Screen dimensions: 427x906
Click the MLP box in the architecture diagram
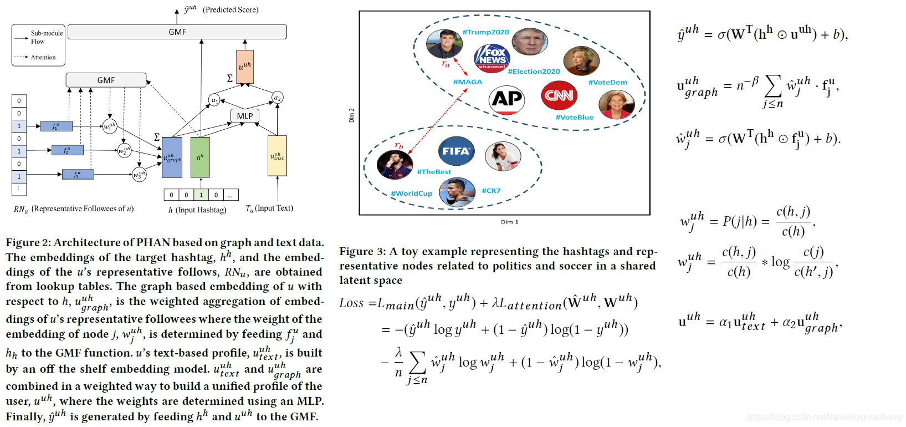coord(244,116)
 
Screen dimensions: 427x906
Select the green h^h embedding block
coord(200,157)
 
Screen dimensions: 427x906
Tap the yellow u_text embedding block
coord(277,156)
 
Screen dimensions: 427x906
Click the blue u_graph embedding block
coord(172,158)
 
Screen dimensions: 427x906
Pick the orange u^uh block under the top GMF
coord(245,67)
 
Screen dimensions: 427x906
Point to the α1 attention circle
coord(214,100)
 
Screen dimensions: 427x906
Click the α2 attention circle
coord(278,98)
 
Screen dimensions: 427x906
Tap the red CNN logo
coord(559,95)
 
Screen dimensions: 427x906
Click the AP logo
coord(506,100)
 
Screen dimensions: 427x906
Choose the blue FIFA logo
coord(456,151)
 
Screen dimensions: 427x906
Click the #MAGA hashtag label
coord(468,82)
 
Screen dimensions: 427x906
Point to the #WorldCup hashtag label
coord(412,194)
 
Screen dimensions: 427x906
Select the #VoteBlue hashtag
coord(575,118)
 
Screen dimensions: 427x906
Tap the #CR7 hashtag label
coord(491,191)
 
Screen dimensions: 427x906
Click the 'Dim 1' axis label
coord(509,222)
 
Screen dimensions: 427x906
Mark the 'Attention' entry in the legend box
coord(43,57)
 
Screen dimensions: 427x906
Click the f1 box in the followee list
coord(56,126)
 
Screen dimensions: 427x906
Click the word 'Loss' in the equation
coord(351,303)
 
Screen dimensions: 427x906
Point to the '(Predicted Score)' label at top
coord(231,10)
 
